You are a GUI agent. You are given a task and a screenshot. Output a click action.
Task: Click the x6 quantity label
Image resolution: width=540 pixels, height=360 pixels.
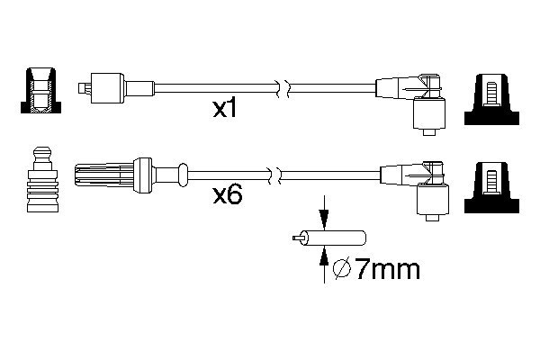point(228,194)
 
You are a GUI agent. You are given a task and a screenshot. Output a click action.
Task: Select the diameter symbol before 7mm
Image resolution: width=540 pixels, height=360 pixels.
point(342,269)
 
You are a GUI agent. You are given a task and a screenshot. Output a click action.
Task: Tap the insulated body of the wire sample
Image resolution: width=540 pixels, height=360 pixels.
point(342,239)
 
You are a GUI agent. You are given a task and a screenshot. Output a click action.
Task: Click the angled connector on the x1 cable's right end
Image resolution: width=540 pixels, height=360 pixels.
point(413,100)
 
